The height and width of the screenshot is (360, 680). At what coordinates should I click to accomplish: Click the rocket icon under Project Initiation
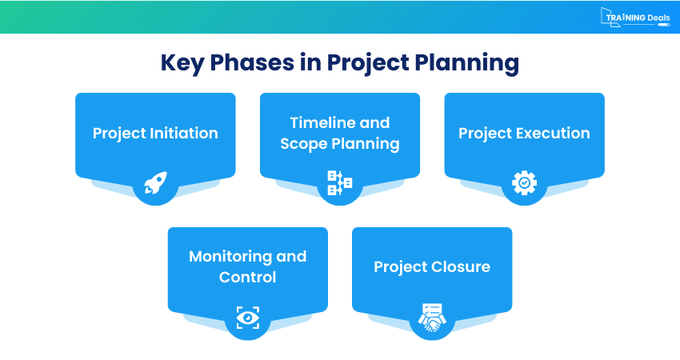155,183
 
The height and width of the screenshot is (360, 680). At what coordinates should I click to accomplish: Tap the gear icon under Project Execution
524,183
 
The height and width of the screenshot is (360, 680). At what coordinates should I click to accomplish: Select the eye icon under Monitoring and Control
247,318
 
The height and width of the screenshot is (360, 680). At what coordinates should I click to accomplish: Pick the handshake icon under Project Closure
432,318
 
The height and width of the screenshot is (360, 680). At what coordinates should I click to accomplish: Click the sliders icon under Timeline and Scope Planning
339,183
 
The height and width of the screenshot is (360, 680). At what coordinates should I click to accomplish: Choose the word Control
247,278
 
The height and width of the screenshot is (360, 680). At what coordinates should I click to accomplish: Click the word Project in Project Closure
398,266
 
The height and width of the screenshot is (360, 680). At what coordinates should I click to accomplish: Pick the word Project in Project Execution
485,134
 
